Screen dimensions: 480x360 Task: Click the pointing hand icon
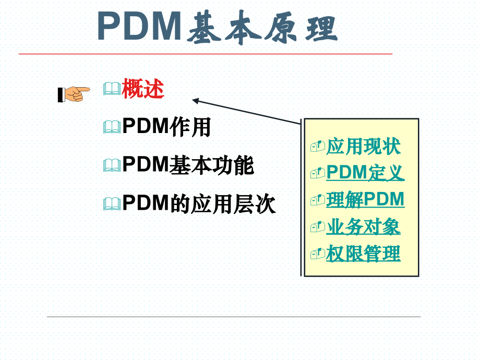74,94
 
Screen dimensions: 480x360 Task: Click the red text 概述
143,89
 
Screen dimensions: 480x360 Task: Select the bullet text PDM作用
166,127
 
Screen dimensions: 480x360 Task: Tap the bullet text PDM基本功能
188,165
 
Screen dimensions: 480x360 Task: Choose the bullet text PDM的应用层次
199,203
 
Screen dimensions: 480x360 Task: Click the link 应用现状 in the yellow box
363,146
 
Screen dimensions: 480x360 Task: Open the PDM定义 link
366,173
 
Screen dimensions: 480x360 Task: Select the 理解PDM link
365,199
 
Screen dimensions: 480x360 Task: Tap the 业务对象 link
363,226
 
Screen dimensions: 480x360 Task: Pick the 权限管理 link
363,253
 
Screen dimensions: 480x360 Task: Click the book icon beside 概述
112,89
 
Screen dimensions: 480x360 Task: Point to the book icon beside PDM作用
112,127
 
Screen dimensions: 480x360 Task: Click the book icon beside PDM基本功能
112,165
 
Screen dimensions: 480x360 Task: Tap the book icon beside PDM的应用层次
112,204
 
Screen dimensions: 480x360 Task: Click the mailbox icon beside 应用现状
317,147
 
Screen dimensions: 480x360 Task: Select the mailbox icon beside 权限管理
317,254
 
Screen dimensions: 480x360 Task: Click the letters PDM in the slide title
140,26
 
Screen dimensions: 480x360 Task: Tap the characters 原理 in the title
302,28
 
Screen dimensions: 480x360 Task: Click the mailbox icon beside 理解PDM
317,200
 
